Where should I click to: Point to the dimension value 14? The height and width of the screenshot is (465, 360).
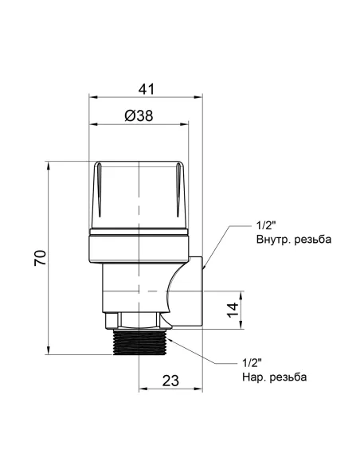(x=232, y=310)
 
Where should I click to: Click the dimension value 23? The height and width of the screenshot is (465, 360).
(x=170, y=381)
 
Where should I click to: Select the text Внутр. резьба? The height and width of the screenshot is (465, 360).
(x=292, y=240)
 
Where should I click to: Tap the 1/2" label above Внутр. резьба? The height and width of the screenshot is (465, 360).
(x=264, y=225)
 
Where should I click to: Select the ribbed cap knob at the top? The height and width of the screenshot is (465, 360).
(x=140, y=191)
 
